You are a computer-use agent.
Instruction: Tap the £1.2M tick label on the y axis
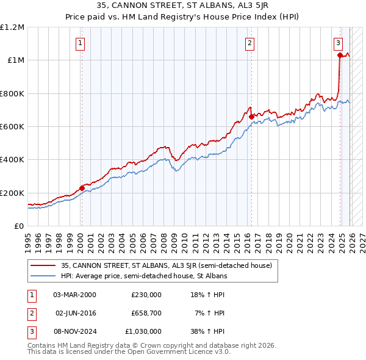[x=12, y=27]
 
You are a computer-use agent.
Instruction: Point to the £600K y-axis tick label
[x=12, y=127]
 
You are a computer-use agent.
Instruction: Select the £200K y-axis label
[x=12, y=193]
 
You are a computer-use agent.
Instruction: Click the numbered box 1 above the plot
[x=81, y=43]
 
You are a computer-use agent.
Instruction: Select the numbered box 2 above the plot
[x=250, y=43]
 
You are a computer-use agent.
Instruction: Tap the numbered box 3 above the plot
[x=338, y=43]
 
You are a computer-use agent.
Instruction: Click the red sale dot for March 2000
[x=82, y=188]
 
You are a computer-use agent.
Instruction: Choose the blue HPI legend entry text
[x=143, y=276]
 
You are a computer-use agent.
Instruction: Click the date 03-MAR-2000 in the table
[x=74, y=295]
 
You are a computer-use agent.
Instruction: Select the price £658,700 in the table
[x=146, y=313]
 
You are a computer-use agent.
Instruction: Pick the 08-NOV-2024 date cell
[x=74, y=331]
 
